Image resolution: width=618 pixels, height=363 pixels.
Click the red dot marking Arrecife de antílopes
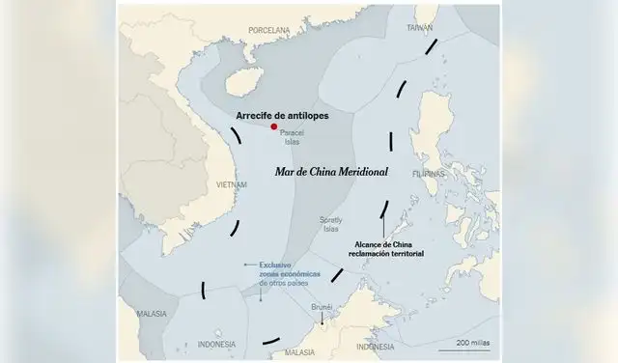pos(274,126)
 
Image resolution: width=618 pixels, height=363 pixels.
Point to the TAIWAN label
pos(419,27)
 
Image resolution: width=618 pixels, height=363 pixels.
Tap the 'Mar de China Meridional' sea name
pos(331,171)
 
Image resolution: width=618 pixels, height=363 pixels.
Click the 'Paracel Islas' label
pos(291,137)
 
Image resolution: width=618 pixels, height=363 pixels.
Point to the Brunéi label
pos(323,306)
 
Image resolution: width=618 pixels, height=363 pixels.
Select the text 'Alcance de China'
pos(385,244)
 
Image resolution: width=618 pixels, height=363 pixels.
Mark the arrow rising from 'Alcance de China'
pos(383,222)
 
